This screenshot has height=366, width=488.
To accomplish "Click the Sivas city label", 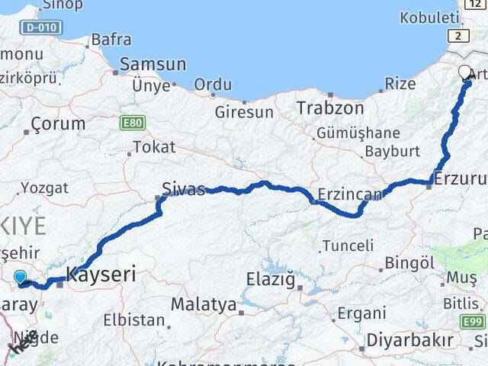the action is pos(183,188).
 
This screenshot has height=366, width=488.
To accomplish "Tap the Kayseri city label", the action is pos(102,274).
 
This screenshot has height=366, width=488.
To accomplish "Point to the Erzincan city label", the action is pos(350,195).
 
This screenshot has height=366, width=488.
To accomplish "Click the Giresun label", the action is pos(244,111).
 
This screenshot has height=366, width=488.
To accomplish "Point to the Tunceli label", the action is pos(348,246).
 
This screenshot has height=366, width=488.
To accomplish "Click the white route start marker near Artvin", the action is pos(465,72).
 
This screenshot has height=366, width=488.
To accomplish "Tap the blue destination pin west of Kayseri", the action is pos(20,278).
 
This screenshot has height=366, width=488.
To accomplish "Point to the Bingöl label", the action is pos(409,262).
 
